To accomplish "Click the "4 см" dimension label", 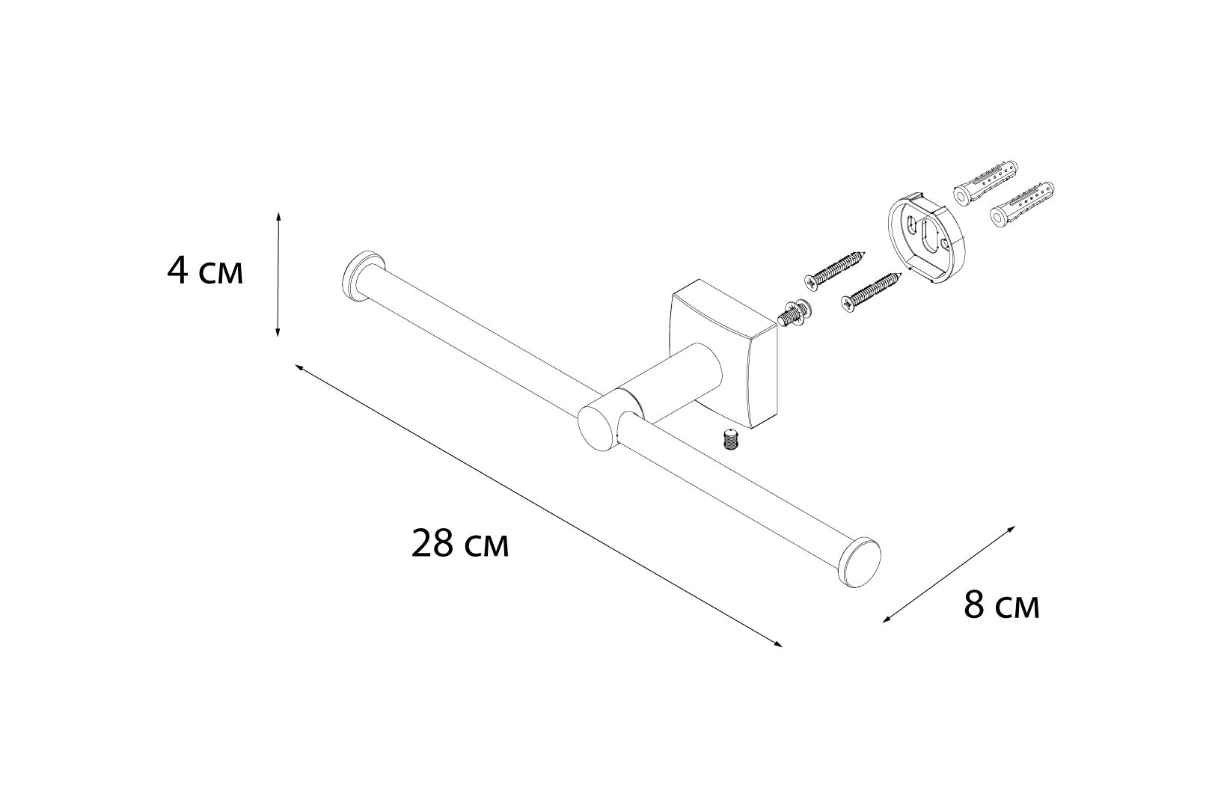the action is click(x=205, y=271).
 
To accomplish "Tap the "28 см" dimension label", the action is click(x=460, y=543).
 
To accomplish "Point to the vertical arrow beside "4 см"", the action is click(x=278, y=275).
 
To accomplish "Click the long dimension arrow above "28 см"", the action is click(x=539, y=506).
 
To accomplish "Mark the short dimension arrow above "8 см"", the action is click(x=949, y=575).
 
